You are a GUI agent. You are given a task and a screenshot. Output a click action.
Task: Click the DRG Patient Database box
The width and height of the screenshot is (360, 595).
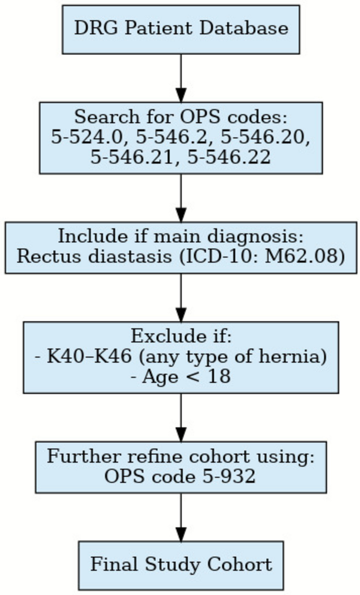181,29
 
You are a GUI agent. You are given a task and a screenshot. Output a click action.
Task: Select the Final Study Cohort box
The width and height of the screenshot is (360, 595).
181,565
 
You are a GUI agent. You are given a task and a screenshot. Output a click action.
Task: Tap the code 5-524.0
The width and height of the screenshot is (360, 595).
86,137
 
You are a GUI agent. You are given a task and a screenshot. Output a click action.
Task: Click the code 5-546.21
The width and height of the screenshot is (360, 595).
132,157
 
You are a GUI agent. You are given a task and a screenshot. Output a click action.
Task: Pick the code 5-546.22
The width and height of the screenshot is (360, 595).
229,157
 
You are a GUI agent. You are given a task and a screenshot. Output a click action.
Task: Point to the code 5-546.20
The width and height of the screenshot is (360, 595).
265,137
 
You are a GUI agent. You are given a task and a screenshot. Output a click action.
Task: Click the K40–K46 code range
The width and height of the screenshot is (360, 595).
89,356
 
